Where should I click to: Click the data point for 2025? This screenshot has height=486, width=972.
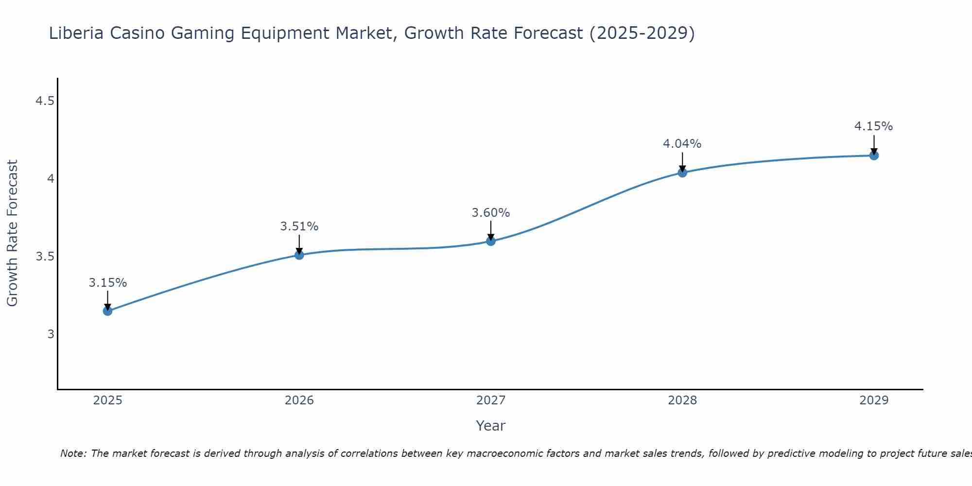pos(108,311)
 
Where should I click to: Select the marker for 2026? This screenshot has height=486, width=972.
pos(299,255)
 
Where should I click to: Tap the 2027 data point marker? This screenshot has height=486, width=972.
pos(491,241)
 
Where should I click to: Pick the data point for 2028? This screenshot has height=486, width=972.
pos(682,173)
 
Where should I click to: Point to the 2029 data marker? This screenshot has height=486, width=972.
pos(874,156)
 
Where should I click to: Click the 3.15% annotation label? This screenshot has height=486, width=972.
pos(108,283)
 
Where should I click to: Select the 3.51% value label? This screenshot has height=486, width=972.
pos(299,226)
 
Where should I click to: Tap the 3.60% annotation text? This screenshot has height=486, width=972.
pos(491,213)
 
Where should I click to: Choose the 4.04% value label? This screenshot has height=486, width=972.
pos(682,144)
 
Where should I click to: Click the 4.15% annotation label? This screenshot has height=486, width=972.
pos(874,126)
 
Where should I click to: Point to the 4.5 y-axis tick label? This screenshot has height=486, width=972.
pos(45,101)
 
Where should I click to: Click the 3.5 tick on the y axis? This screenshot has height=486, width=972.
pos(45,257)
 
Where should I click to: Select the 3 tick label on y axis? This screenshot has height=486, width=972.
pos(51,334)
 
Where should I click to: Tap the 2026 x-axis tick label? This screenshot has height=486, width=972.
pos(299,400)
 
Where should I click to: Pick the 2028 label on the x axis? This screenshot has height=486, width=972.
pos(682,400)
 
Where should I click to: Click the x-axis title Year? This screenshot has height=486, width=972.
pos(491,426)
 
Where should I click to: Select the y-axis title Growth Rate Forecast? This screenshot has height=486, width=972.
pos(13,233)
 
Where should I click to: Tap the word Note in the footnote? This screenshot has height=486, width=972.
pos(73,453)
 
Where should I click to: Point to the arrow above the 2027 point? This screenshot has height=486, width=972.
pos(491,230)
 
